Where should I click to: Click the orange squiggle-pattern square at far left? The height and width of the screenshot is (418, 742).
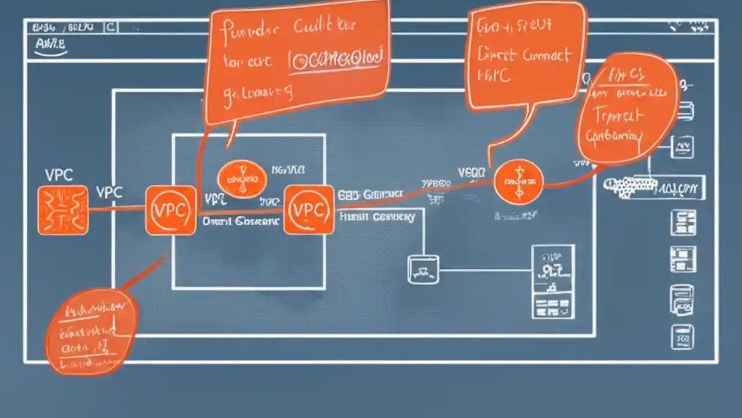(63, 210)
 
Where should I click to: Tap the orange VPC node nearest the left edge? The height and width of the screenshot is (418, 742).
(170, 210)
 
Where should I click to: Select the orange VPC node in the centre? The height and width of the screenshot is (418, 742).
(308, 210)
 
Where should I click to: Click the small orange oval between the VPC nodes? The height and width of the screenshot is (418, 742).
(242, 179)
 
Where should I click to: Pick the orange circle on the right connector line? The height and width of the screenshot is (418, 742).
(518, 182)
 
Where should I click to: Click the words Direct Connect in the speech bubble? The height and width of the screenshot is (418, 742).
(522, 55)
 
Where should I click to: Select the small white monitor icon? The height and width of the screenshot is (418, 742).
(423, 269)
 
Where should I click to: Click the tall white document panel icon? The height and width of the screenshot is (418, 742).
(553, 282)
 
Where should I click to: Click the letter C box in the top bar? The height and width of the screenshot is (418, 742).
(111, 27)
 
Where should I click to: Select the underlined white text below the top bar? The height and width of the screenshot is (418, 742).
(50, 45)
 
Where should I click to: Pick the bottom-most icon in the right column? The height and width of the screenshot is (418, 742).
(682, 337)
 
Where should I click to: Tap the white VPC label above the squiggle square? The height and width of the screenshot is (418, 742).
(59, 175)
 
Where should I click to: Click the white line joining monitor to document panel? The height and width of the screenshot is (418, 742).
(485, 270)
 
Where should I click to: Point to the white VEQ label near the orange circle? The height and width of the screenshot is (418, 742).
(471, 172)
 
